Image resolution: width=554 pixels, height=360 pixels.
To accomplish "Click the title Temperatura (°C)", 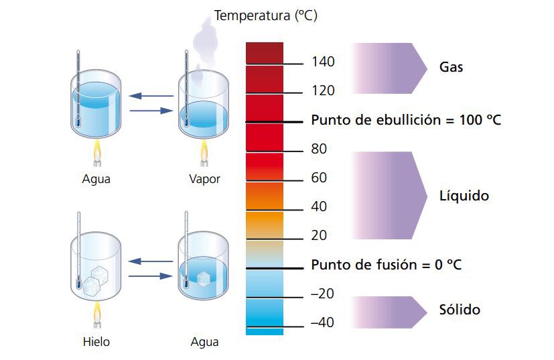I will click(265, 15).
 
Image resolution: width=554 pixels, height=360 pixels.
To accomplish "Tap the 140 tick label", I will click(323, 62).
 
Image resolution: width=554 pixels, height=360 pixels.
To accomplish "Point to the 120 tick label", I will click(323, 91).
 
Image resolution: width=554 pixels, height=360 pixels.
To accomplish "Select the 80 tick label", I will click(319, 149).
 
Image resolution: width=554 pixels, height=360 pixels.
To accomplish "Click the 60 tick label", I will click(319, 178).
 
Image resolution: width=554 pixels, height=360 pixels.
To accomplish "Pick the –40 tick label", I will click(322, 322).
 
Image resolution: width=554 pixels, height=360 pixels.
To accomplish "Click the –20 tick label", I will click(322, 294).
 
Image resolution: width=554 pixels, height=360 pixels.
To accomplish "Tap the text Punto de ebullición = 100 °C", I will click(406, 121).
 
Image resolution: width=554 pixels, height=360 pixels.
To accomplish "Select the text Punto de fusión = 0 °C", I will click(386, 265).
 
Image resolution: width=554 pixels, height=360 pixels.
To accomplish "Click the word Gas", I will click(451, 68).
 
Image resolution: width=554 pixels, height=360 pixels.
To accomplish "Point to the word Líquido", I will click(464, 196).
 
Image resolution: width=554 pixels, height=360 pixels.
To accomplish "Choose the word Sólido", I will click(460, 310).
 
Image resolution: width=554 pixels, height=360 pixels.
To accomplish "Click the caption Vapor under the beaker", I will click(204, 179).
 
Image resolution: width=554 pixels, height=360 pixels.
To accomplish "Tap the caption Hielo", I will click(96, 342).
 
